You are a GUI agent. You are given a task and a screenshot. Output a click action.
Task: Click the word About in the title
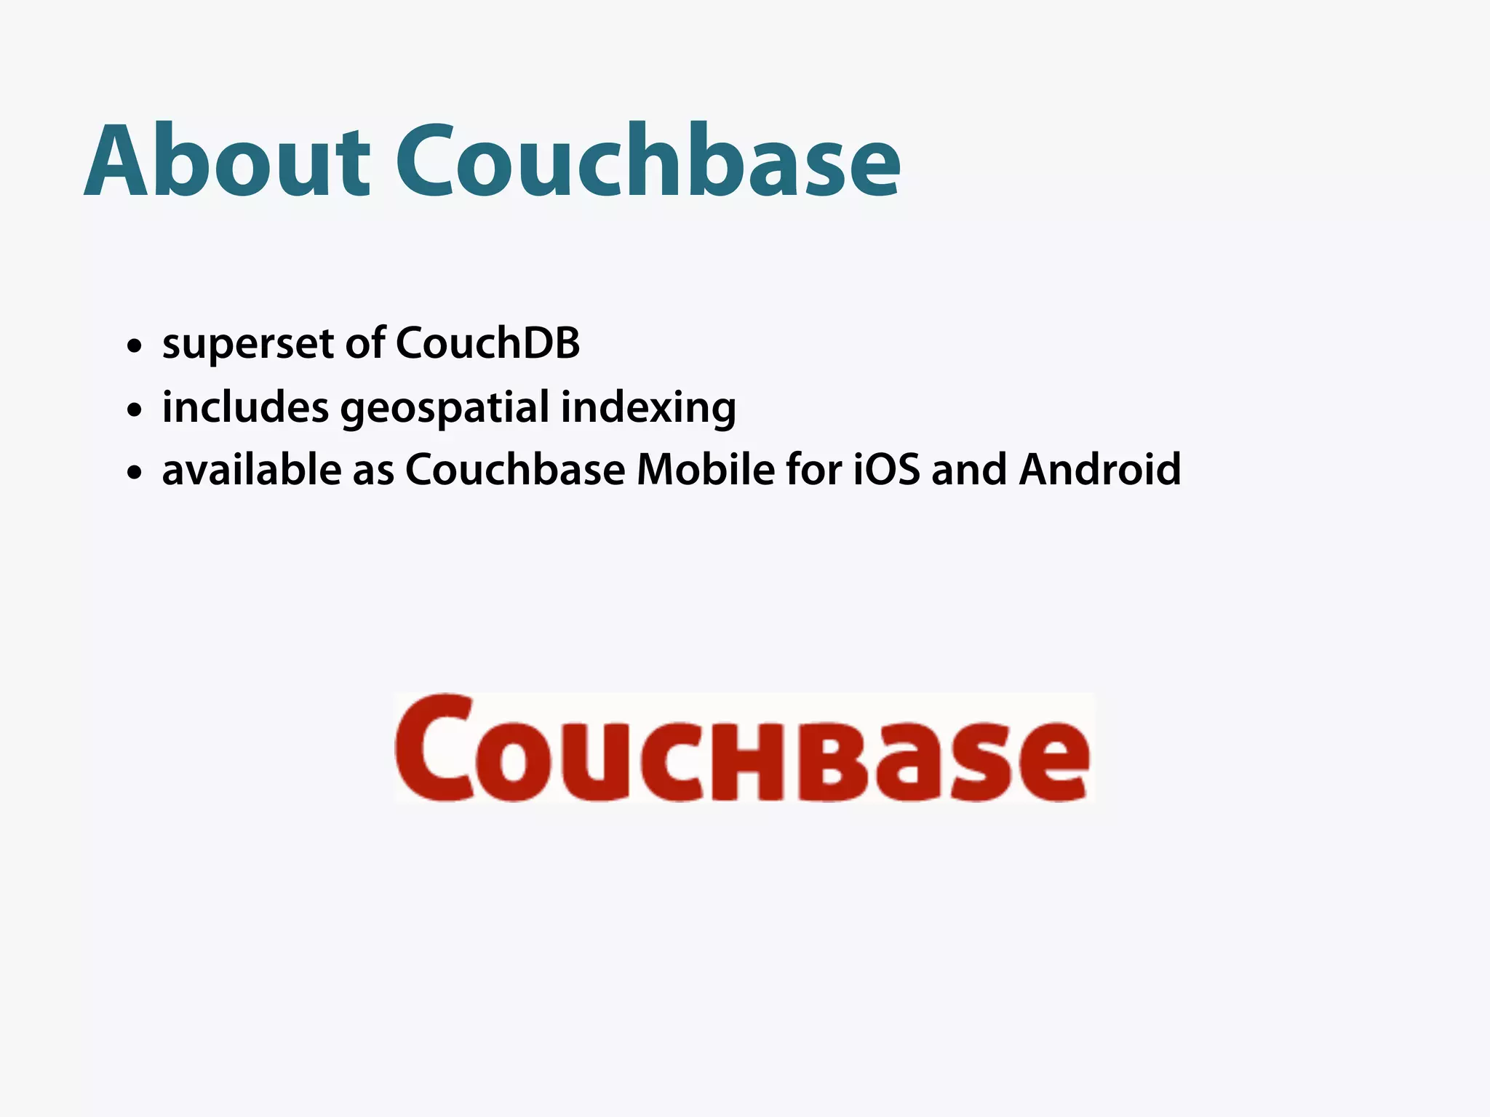tap(228, 161)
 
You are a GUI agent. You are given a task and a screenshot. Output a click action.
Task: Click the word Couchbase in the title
tap(648, 161)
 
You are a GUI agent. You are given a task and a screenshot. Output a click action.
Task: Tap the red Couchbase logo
tap(743, 748)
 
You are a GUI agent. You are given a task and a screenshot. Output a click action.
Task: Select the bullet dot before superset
tap(134, 346)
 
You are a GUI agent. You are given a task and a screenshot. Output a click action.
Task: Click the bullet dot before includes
tap(134, 410)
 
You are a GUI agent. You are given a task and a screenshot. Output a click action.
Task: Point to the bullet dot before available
tap(134, 473)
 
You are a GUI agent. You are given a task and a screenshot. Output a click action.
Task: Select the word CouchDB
tap(487, 343)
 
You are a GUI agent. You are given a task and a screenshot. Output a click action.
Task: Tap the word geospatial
tap(445, 408)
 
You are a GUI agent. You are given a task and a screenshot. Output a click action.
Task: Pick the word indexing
tap(648, 408)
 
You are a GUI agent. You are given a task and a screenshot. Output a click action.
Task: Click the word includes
tap(245, 407)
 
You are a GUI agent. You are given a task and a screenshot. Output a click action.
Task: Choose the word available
tap(251, 470)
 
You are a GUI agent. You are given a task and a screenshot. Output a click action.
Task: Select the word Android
tap(1099, 470)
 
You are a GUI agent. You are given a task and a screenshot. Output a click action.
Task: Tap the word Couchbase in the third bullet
tap(514, 470)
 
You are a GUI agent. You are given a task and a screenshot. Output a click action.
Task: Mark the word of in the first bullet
tap(365, 343)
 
